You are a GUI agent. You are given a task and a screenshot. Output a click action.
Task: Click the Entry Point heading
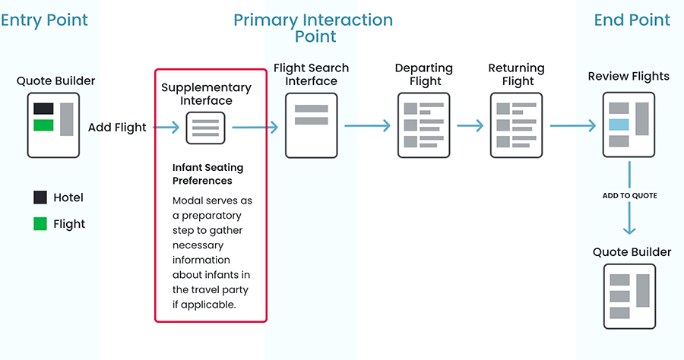pyautogui.click(x=44, y=20)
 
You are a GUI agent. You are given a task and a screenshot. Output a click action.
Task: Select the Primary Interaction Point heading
pyautogui.click(x=313, y=27)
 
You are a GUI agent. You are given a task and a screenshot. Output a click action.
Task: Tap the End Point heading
pyautogui.click(x=632, y=20)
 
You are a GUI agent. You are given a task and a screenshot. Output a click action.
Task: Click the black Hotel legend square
pyautogui.click(x=40, y=197)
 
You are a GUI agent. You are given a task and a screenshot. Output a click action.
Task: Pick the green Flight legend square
pyautogui.click(x=40, y=224)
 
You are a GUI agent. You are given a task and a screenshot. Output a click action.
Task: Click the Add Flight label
pyautogui.click(x=117, y=128)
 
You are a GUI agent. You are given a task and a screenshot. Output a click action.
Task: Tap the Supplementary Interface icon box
pyautogui.click(x=206, y=127)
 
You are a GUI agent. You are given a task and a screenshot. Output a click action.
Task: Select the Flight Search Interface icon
pyautogui.click(x=311, y=125)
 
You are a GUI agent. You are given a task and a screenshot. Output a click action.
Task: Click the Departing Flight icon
pyautogui.click(x=423, y=125)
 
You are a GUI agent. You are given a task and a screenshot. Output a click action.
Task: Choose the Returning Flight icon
pyautogui.click(x=516, y=125)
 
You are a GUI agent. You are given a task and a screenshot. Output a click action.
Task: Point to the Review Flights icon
pyautogui.click(x=629, y=125)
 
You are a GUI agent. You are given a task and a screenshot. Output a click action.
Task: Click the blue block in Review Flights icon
pyautogui.click(x=619, y=125)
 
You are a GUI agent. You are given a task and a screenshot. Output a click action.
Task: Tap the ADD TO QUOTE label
pyautogui.click(x=629, y=196)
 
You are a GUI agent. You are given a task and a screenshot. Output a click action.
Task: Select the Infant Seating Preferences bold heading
pyautogui.click(x=207, y=174)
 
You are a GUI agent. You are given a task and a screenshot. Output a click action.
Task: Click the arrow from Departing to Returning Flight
pyautogui.click(x=470, y=126)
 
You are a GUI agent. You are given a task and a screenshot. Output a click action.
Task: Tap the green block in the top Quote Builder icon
pyautogui.click(x=43, y=125)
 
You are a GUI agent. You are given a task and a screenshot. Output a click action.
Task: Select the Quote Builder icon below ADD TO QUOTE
pyautogui.click(x=629, y=296)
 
